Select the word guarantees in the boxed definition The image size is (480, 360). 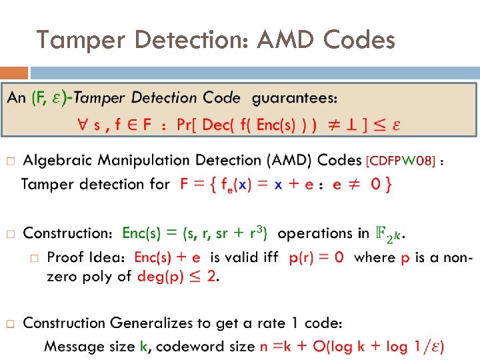(294, 98)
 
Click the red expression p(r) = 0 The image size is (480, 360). (317, 257)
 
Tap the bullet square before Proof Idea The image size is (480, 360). (35, 257)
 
